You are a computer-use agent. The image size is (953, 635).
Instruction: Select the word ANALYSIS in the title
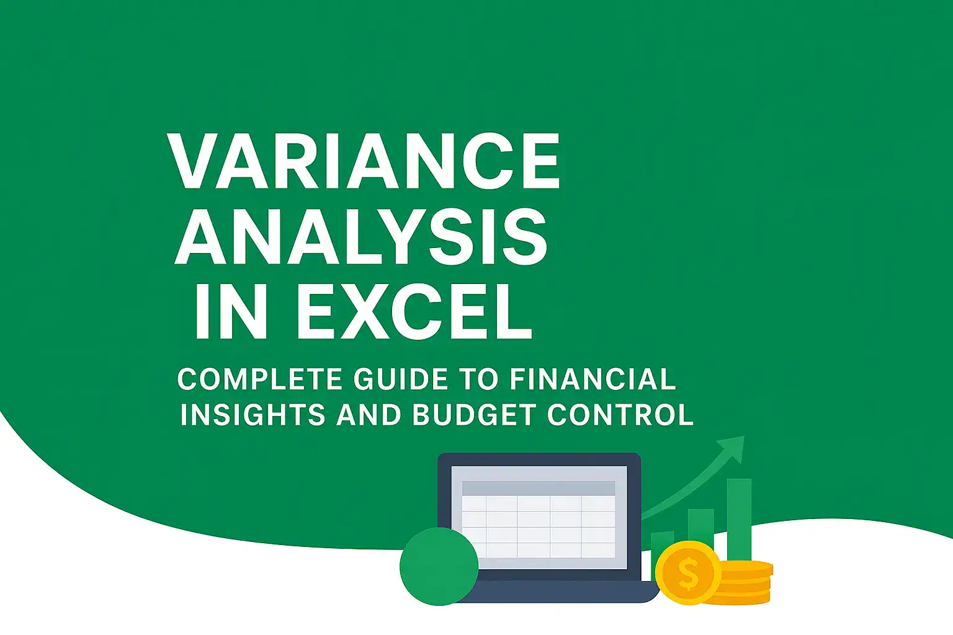[x=361, y=236]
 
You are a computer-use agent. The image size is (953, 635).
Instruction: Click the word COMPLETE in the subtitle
[x=259, y=380]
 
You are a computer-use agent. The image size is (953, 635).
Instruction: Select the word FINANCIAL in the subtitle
[x=593, y=380]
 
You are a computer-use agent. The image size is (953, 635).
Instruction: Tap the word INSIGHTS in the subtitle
[x=253, y=415]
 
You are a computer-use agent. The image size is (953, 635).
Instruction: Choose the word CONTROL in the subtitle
[x=620, y=415]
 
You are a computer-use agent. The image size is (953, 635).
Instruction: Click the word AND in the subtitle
[x=369, y=415]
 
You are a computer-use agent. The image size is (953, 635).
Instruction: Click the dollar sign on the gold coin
[x=687, y=573]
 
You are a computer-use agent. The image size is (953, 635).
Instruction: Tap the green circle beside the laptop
[x=439, y=566]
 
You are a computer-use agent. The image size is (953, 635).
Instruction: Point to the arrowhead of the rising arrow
[x=733, y=446]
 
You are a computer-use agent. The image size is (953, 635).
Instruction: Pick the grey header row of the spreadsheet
[x=539, y=487]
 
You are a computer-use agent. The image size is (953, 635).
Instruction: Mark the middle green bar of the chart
[x=700, y=527]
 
